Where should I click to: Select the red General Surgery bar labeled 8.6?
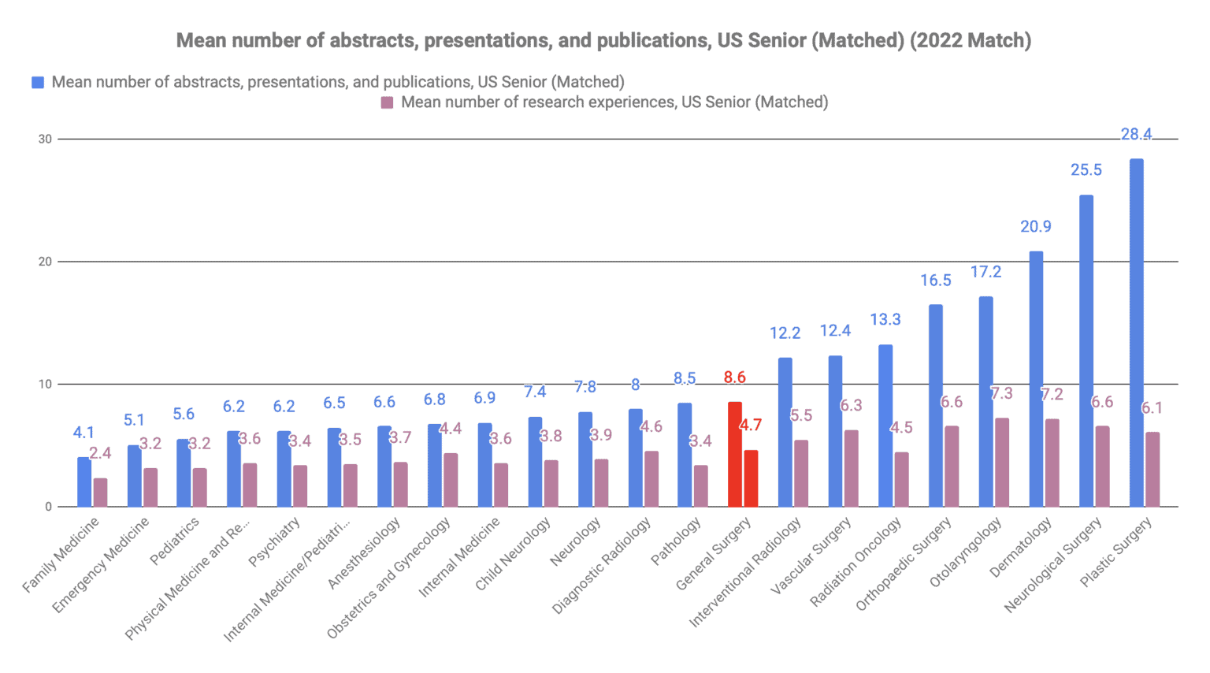(x=734, y=454)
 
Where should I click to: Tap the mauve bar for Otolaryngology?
(x=1001, y=462)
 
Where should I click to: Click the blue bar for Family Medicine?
(x=84, y=482)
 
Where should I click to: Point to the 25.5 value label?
(x=1086, y=170)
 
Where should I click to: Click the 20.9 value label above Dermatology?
(x=1035, y=227)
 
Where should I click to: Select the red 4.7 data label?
(x=750, y=426)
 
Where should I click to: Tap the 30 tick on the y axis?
(x=45, y=139)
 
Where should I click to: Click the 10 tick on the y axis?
(x=45, y=385)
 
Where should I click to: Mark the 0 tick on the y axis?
(x=48, y=507)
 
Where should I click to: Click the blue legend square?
(x=38, y=83)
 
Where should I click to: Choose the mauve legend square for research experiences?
(x=387, y=102)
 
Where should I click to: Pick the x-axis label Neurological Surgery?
(x=1052, y=565)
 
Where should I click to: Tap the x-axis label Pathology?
(x=676, y=541)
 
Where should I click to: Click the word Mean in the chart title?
(x=199, y=40)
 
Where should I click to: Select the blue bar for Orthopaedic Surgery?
(x=935, y=405)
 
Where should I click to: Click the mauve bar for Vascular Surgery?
(x=851, y=468)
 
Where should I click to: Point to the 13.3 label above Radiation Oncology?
(x=885, y=320)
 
